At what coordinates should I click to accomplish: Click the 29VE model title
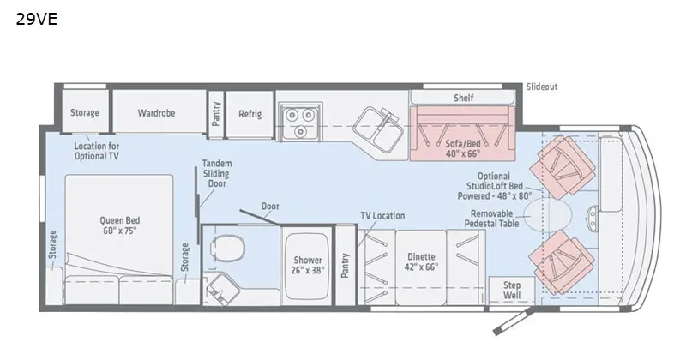(x=37, y=20)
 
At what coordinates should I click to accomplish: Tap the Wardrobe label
(x=156, y=113)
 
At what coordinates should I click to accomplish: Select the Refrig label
(x=250, y=114)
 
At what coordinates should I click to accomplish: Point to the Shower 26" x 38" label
(x=308, y=265)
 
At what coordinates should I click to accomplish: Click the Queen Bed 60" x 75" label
(x=119, y=225)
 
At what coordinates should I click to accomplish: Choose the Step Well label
(x=511, y=290)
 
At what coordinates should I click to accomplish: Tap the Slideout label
(x=542, y=87)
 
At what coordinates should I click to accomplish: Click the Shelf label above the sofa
(x=463, y=98)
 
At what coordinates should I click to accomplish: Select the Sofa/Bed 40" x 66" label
(x=463, y=148)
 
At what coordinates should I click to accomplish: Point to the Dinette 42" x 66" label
(x=421, y=261)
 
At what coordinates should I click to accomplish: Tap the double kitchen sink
(x=378, y=129)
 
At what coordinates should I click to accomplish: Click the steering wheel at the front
(x=592, y=218)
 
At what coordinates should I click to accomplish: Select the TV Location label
(x=382, y=216)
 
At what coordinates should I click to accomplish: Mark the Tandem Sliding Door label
(x=217, y=173)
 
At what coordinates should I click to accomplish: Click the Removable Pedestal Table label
(x=491, y=219)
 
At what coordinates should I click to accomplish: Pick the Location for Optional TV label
(x=96, y=151)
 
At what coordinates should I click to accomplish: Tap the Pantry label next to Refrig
(x=216, y=114)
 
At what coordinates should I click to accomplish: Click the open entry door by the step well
(x=513, y=321)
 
